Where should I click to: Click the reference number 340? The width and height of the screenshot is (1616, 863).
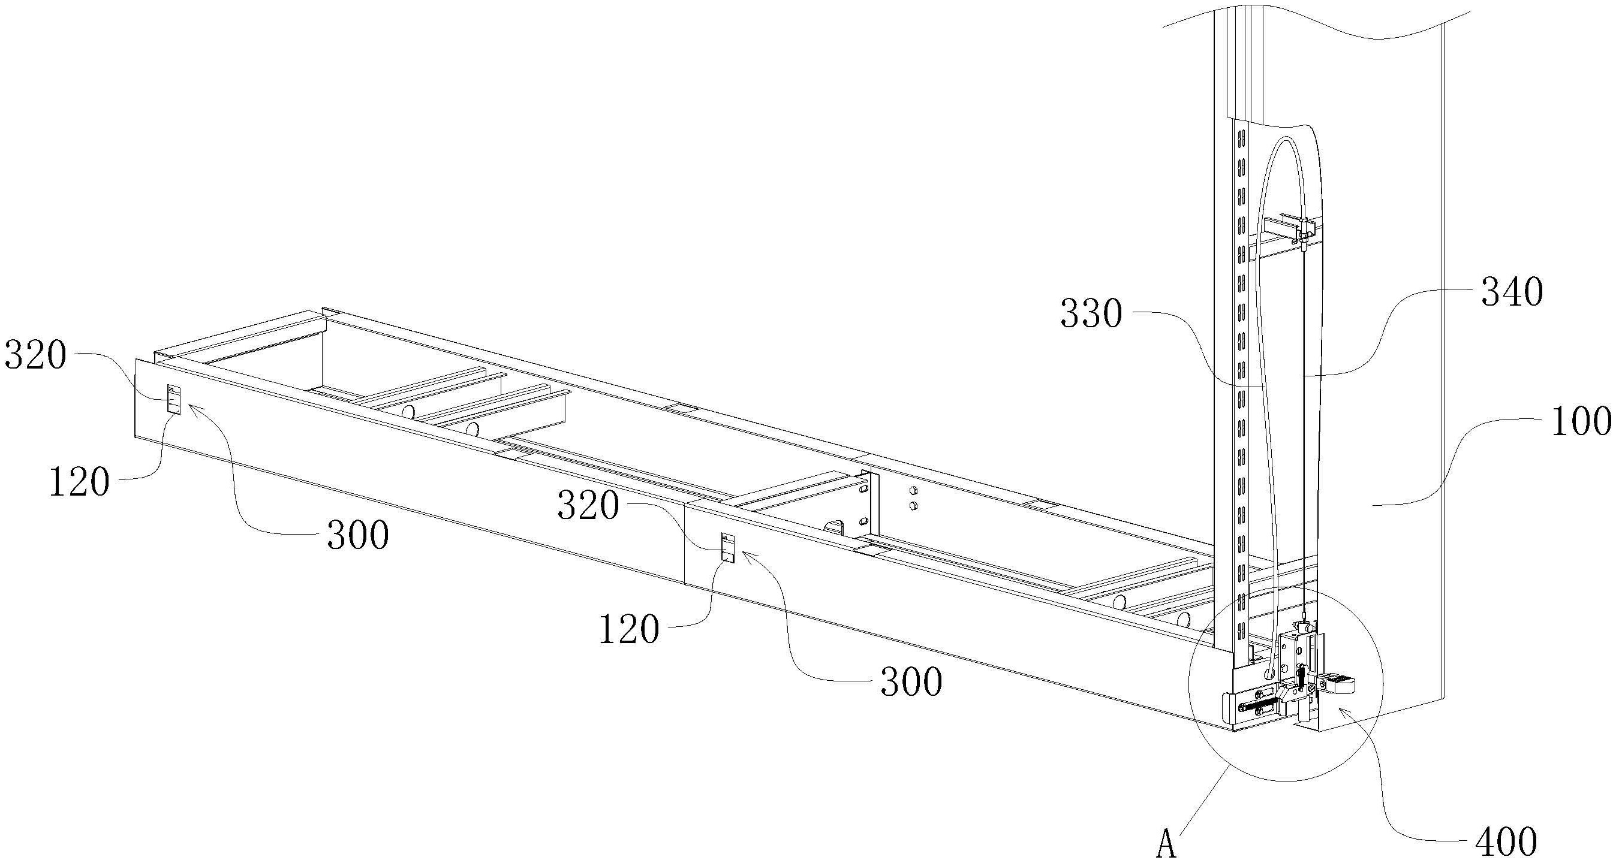tap(1512, 293)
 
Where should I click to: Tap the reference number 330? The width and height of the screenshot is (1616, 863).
tap(1091, 313)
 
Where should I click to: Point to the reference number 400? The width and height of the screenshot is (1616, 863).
tap(1506, 841)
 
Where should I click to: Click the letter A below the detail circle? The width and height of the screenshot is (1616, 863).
tap(1166, 844)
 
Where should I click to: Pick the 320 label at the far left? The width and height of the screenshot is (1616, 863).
tap(35, 355)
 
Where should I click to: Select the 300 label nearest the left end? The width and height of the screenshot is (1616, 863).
tap(358, 536)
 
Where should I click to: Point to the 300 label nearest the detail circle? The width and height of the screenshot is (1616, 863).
tap(911, 682)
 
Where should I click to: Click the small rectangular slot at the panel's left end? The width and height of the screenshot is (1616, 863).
tap(174, 399)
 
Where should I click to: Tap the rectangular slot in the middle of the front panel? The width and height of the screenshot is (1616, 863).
tap(728, 547)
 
